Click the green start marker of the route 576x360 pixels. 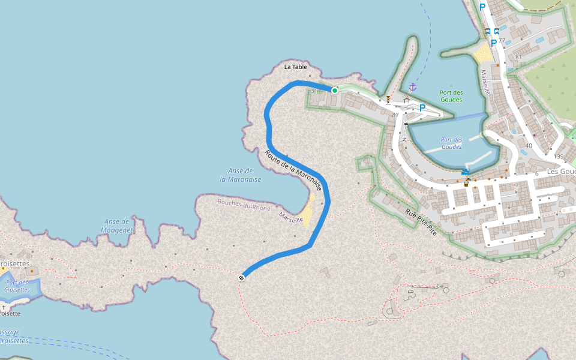point(335,91)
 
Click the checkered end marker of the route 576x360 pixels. point(241,277)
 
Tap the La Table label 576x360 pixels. point(296,67)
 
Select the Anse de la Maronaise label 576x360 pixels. point(241,175)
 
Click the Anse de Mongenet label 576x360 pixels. point(116,226)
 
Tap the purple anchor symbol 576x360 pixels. point(412,87)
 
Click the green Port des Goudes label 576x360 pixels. point(451,96)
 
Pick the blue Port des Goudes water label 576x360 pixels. point(452,143)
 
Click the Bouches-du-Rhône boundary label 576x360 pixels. point(244,205)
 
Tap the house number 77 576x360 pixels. point(502,41)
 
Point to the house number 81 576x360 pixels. point(518,58)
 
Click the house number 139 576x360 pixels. point(559,157)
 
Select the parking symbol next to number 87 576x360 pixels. point(422,108)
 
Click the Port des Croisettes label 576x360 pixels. point(17,286)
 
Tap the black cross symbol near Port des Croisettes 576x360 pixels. point(4,307)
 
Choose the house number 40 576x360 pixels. point(529,146)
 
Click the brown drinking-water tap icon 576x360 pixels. point(466,183)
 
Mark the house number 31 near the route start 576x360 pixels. point(314,91)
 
